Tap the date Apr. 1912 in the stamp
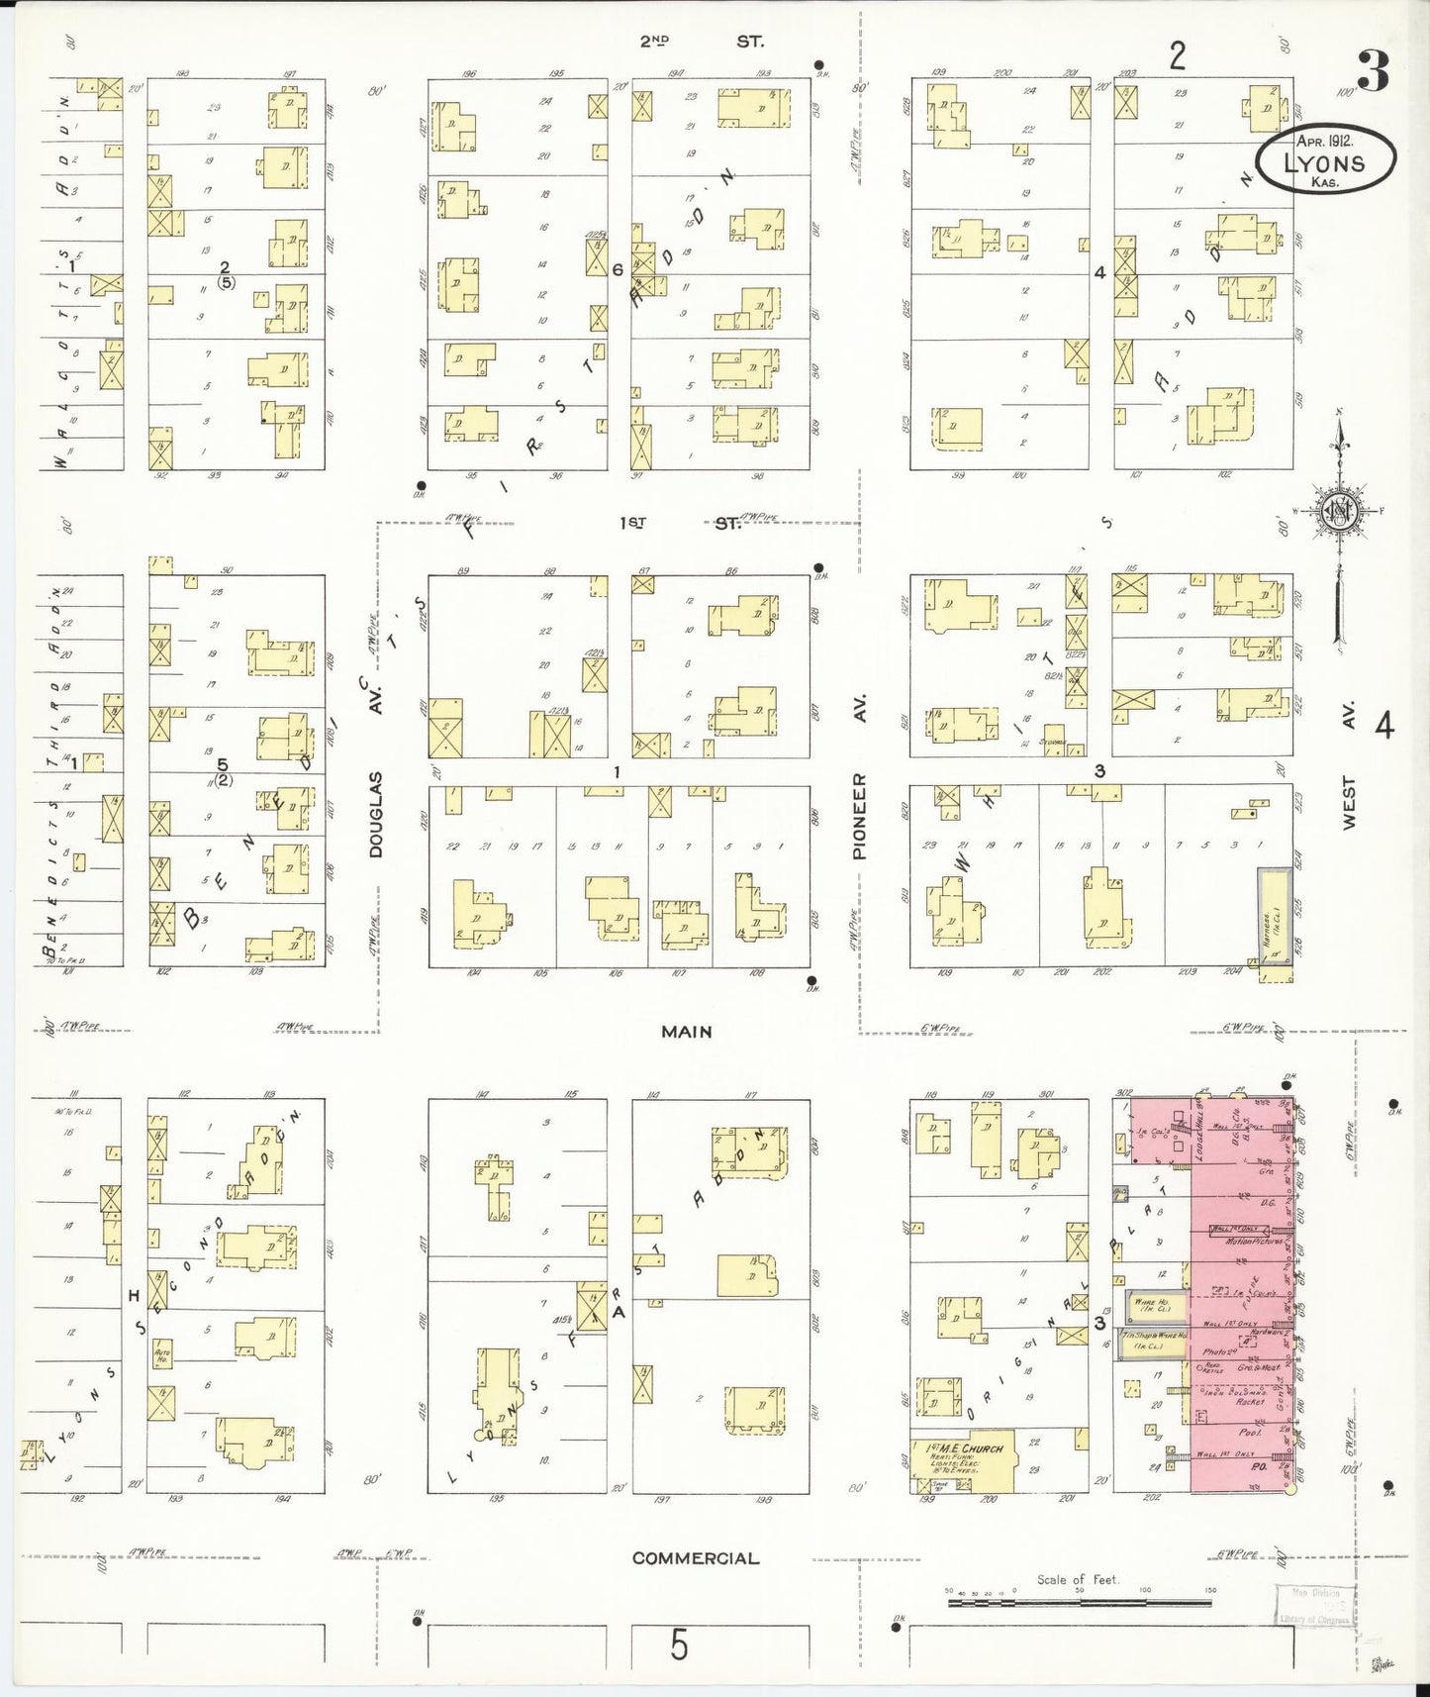(x=1324, y=142)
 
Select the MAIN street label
(x=686, y=1032)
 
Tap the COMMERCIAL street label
(x=696, y=1558)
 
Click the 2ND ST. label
(x=700, y=42)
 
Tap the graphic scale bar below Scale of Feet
(x=1080, y=1599)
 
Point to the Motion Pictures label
(x=1253, y=1241)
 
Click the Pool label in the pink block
(x=1250, y=1432)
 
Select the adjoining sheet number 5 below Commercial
(x=678, y=1646)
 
